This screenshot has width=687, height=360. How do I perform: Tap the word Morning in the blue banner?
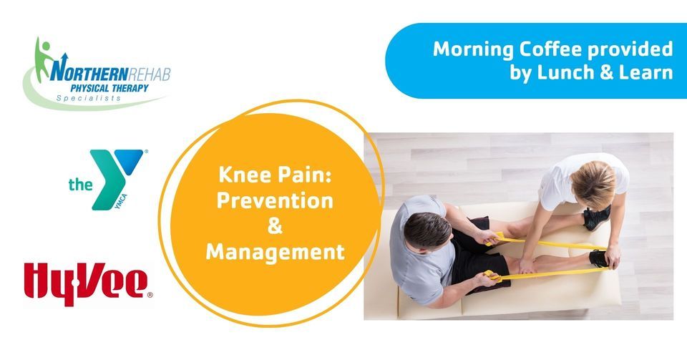473,50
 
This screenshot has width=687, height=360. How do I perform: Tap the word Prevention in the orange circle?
275,200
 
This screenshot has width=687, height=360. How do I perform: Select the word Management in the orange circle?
275,252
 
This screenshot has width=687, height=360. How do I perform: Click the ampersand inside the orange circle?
275,226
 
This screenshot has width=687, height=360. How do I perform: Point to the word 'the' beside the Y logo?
80,185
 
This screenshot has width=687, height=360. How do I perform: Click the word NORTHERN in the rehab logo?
89,73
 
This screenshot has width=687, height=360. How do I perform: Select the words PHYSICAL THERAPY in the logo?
109,88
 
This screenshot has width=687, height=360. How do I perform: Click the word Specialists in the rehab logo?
89,98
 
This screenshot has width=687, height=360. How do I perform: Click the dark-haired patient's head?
427,230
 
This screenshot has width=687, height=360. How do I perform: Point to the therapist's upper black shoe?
596,218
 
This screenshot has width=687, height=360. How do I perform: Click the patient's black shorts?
475,257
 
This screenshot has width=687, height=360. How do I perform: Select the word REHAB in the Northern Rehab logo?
150,74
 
